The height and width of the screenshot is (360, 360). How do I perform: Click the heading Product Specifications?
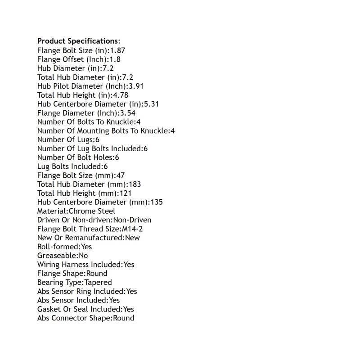[79, 41]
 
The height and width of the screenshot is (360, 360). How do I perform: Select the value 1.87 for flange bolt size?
[117, 50]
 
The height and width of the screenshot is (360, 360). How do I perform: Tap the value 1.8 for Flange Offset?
[115, 59]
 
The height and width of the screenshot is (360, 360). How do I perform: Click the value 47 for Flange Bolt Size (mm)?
[120, 175]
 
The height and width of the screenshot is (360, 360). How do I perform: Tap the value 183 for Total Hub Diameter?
[135, 184]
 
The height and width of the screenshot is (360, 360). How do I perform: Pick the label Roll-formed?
[58, 247]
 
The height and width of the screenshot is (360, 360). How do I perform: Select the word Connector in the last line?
[71, 318]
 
